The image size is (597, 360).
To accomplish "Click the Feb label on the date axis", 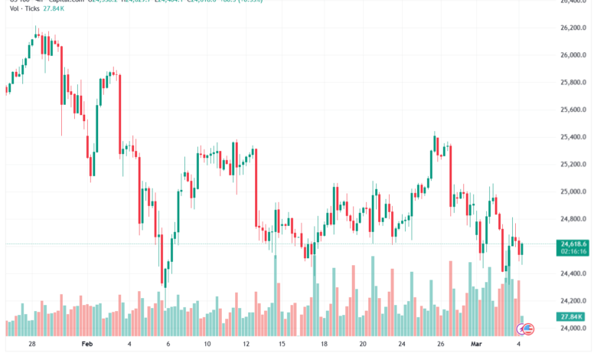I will pyautogui.click(x=86, y=345).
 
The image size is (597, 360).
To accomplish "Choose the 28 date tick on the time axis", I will pyautogui.click(x=32, y=345).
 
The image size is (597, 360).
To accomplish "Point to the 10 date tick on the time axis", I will pyautogui.click(x=207, y=345).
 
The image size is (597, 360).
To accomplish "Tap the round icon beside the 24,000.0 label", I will pyautogui.click(x=527, y=329).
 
